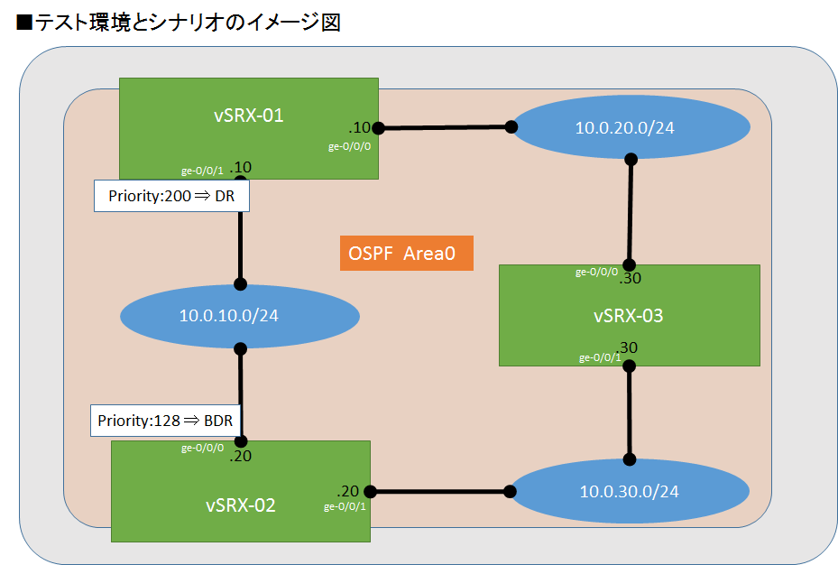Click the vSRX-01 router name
click(x=248, y=115)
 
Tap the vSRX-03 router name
click(x=629, y=316)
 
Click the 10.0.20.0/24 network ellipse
click(x=624, y=127)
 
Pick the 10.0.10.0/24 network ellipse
click(x=239, y=316)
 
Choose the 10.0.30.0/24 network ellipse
click(x=629, y=491)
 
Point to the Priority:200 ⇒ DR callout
click(x=171, y=196)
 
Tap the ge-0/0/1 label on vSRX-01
click(x=203, y=169)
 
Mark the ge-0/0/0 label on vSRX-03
click(x=597, y=272)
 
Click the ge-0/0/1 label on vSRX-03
click(x=599, y=357)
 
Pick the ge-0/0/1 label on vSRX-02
click(x=345, y=506)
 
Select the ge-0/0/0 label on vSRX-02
click(x=203, y=448)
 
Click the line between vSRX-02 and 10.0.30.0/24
click(x=439, y=492)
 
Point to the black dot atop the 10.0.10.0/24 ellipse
click(x=241, y=283)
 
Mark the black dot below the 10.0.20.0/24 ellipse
click(x=631, y=159)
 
